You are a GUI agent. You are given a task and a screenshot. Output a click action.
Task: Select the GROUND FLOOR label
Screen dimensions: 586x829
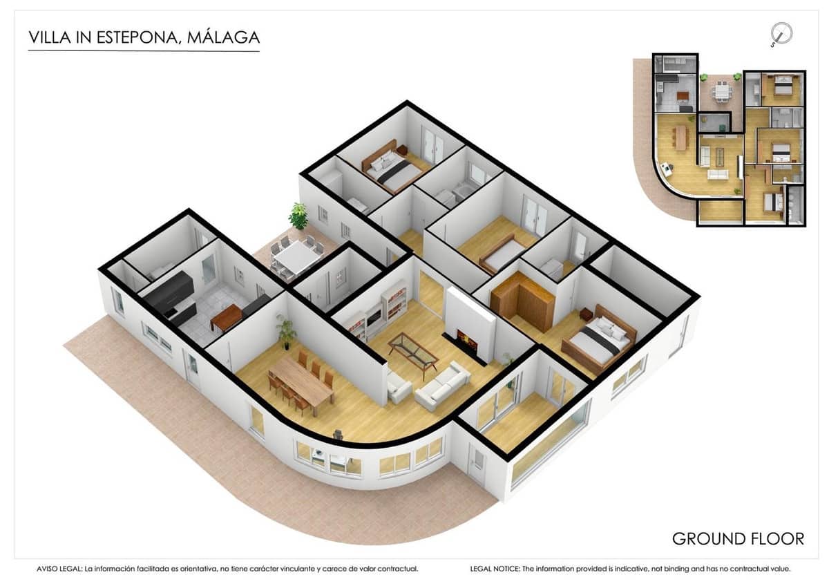click(x=738, y=538)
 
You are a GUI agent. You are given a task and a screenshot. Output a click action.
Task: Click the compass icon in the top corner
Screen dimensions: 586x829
click(x=781, y=33)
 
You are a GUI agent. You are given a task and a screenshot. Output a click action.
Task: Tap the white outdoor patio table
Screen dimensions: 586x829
click(x=296, y=257)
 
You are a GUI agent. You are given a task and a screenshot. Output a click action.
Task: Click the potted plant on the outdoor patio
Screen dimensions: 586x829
click(x=298, y=216)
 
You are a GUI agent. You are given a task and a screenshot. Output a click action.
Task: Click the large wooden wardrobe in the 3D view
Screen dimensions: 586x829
click(x=522, y=301)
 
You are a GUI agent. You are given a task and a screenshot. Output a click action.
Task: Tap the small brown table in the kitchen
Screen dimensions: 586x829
click(x=226, y=318)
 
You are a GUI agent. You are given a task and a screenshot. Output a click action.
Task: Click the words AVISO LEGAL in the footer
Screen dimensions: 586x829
click(x=59, y=569)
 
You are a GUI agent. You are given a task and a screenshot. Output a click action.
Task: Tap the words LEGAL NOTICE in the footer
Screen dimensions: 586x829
click(x=495, y=569)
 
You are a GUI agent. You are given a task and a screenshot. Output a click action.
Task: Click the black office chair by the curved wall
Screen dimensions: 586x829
click(x=338, y=435)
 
